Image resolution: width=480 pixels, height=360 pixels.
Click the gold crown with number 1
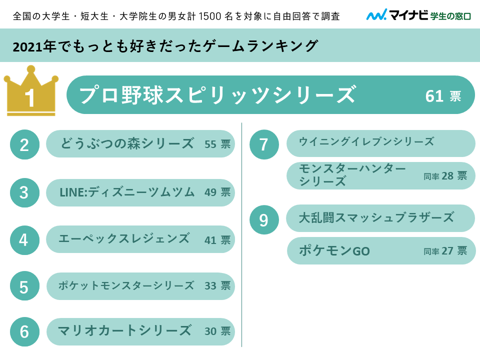(x=30, y=92)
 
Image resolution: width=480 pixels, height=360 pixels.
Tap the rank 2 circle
(x=24, y=144)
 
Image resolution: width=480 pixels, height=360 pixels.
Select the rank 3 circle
(x=24, y=192)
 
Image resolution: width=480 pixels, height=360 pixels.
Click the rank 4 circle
(x=24, y=239)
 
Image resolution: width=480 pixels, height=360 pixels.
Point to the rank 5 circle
(x=24, y=286)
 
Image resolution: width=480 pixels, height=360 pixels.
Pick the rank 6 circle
(x=24, y=331)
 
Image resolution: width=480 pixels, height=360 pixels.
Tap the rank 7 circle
(x=264, y=144)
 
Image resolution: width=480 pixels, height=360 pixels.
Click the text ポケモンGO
(x=334, y=251)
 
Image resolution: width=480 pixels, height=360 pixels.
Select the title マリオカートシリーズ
(x=124, y=330)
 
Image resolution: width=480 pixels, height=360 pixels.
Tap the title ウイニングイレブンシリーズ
(x=366, y=142)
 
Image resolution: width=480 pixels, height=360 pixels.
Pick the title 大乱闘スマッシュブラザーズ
(x=376, y=217)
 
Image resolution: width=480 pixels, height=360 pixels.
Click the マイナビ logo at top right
(x=418, y=15)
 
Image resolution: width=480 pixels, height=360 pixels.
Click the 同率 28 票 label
(x=445, y=176)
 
